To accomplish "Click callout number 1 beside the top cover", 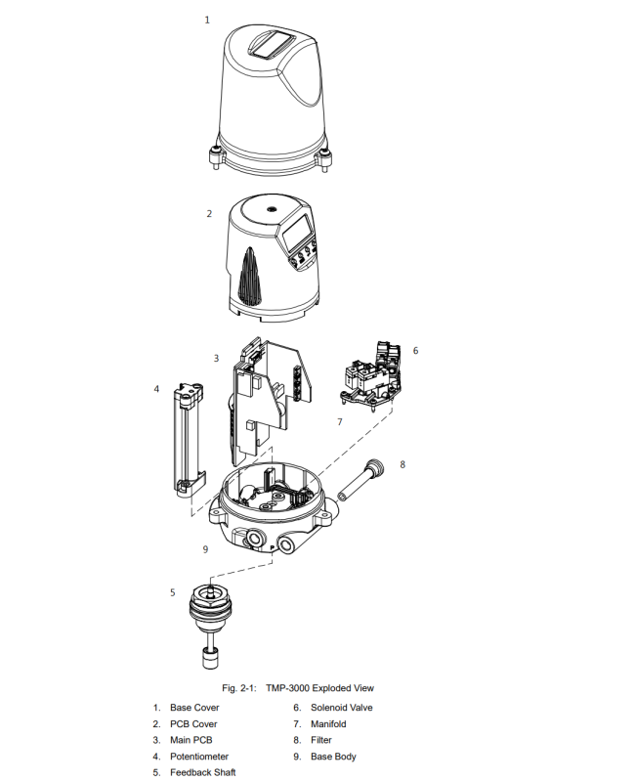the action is (x=207, y=20).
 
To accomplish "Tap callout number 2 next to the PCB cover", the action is (x=209, y=214).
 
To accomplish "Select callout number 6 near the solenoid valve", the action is (x=415, y=351).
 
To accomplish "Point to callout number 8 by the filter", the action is (x=402, y=464).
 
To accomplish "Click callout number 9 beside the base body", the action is (x=205, y=549).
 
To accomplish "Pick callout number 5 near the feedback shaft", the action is (x=173, y=592).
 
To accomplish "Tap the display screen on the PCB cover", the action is (x=298, y=233).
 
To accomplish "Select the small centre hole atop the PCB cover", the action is (x=272, y=210).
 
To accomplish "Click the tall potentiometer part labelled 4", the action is (x=189, y=439).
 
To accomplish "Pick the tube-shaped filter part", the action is (x=360, y=480).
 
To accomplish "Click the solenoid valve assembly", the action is (x=372, y=376).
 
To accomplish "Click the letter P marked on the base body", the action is (x=273, y=548).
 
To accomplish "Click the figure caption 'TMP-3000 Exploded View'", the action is (x=319, y=688).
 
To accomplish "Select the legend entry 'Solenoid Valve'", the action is (x=341, y=708).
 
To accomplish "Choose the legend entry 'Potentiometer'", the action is (x=199, y=757).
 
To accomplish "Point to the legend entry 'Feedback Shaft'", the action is (x=202, y=772).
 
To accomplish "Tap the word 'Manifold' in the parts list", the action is (x=328, y=723).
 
